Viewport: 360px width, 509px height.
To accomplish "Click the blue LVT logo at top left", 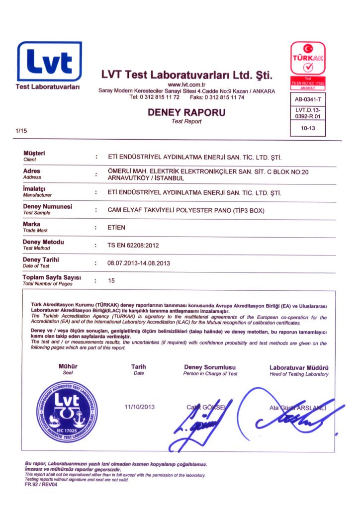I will pos(49,62).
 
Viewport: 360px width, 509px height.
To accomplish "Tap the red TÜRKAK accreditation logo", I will pos(308,59).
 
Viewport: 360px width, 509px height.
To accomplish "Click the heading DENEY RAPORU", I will pos(186,113).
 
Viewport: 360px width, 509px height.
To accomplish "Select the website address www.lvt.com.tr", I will pos(186,85).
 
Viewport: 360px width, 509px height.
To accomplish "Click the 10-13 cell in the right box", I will pos(308,128).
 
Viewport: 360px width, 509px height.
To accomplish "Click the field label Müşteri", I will pos(34,153).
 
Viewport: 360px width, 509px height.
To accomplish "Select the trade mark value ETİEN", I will pos(117,228).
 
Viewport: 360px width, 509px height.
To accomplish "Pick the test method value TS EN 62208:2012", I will pos(133,246).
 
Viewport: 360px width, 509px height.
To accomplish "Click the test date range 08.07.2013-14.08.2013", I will pos(139,263).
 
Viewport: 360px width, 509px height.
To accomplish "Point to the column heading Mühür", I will pos(68,367).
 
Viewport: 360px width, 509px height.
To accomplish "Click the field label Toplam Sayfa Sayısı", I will pos(52,277).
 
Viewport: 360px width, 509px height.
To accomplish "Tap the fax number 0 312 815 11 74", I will pos(224,97).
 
